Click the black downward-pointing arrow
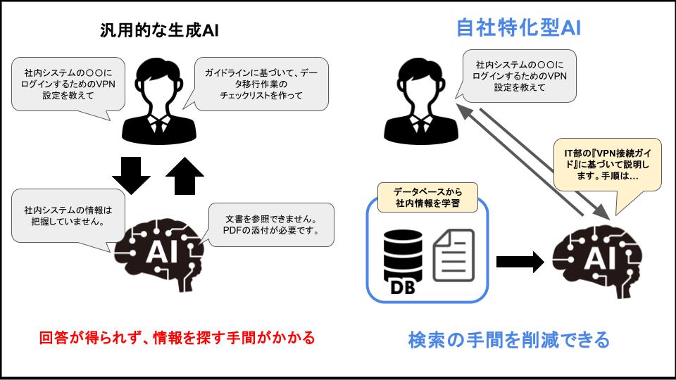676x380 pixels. tap(131, 175)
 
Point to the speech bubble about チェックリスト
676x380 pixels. tap(261, 84)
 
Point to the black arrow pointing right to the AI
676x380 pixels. tap(520, 262)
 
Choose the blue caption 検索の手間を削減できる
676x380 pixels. tap(508, 340)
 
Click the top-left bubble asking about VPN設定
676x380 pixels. tap(67, 84)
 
